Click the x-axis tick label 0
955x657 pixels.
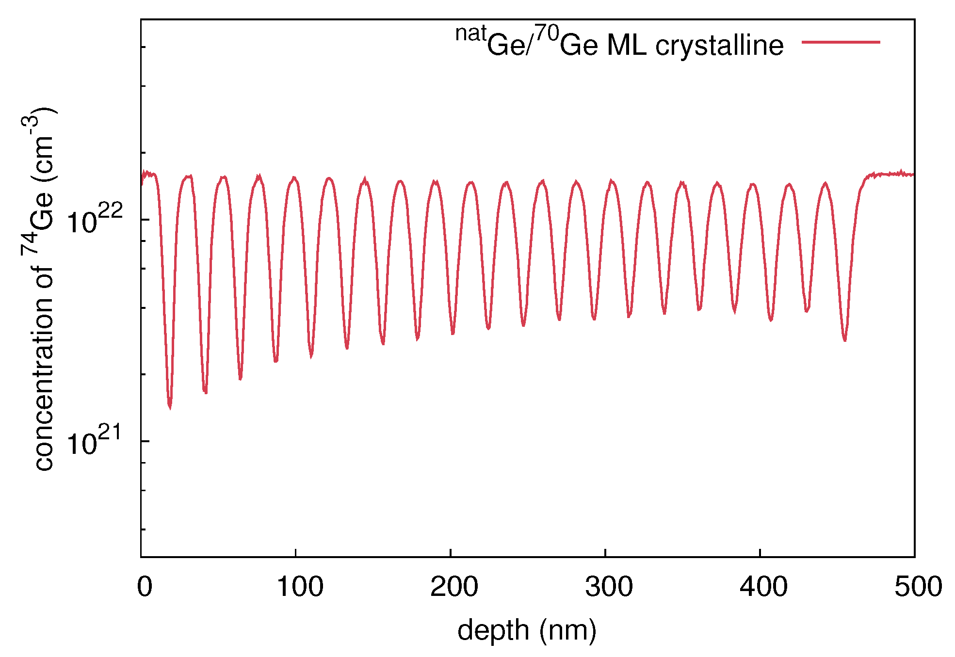(x=145, y=587)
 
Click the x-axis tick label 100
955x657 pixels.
(x=299, y=587)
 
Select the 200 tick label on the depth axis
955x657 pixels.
(x=454, y=587)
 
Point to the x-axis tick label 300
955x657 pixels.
(x=609, y=587)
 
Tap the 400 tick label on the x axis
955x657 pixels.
(x=763, y=587)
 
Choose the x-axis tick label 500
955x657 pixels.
(x=918, y=587)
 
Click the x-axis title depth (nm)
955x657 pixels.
(x=527, y=630)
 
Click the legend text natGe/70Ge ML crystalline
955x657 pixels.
(x=619, y=44)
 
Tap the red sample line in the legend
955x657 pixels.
(x=841, y=43)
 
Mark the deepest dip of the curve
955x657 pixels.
(x=170, y=406)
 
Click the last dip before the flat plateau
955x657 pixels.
(x=844, y=339)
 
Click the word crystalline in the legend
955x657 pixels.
(x=719, y=46)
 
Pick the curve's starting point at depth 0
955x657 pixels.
(x=142, y=183)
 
